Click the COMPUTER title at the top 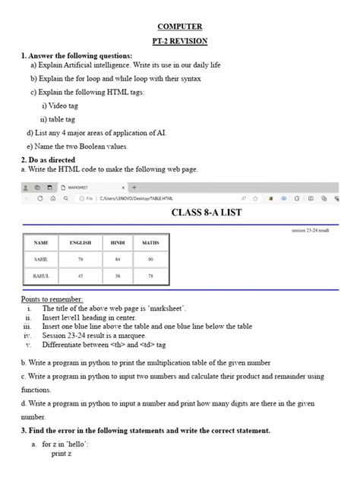coord(179,26)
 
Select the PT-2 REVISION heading coord(179,40)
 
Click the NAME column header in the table coord(42,242)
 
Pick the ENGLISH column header coord(80,242)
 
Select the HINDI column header coord(118,242)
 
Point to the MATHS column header coord(150,242)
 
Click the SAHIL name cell coord(42,259)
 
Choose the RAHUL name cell coord(42,276)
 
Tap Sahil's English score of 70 coord(80,259)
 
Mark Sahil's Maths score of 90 coord(150,259)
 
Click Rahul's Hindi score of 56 coord(118,276)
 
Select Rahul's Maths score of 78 coord(150,276)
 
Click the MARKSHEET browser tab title coord(81,187)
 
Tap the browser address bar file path coord(131,198)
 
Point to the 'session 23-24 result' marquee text coord(311,229)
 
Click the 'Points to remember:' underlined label coord(52,300)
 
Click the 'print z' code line coord(61,453)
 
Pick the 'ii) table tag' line coord(58,119)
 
